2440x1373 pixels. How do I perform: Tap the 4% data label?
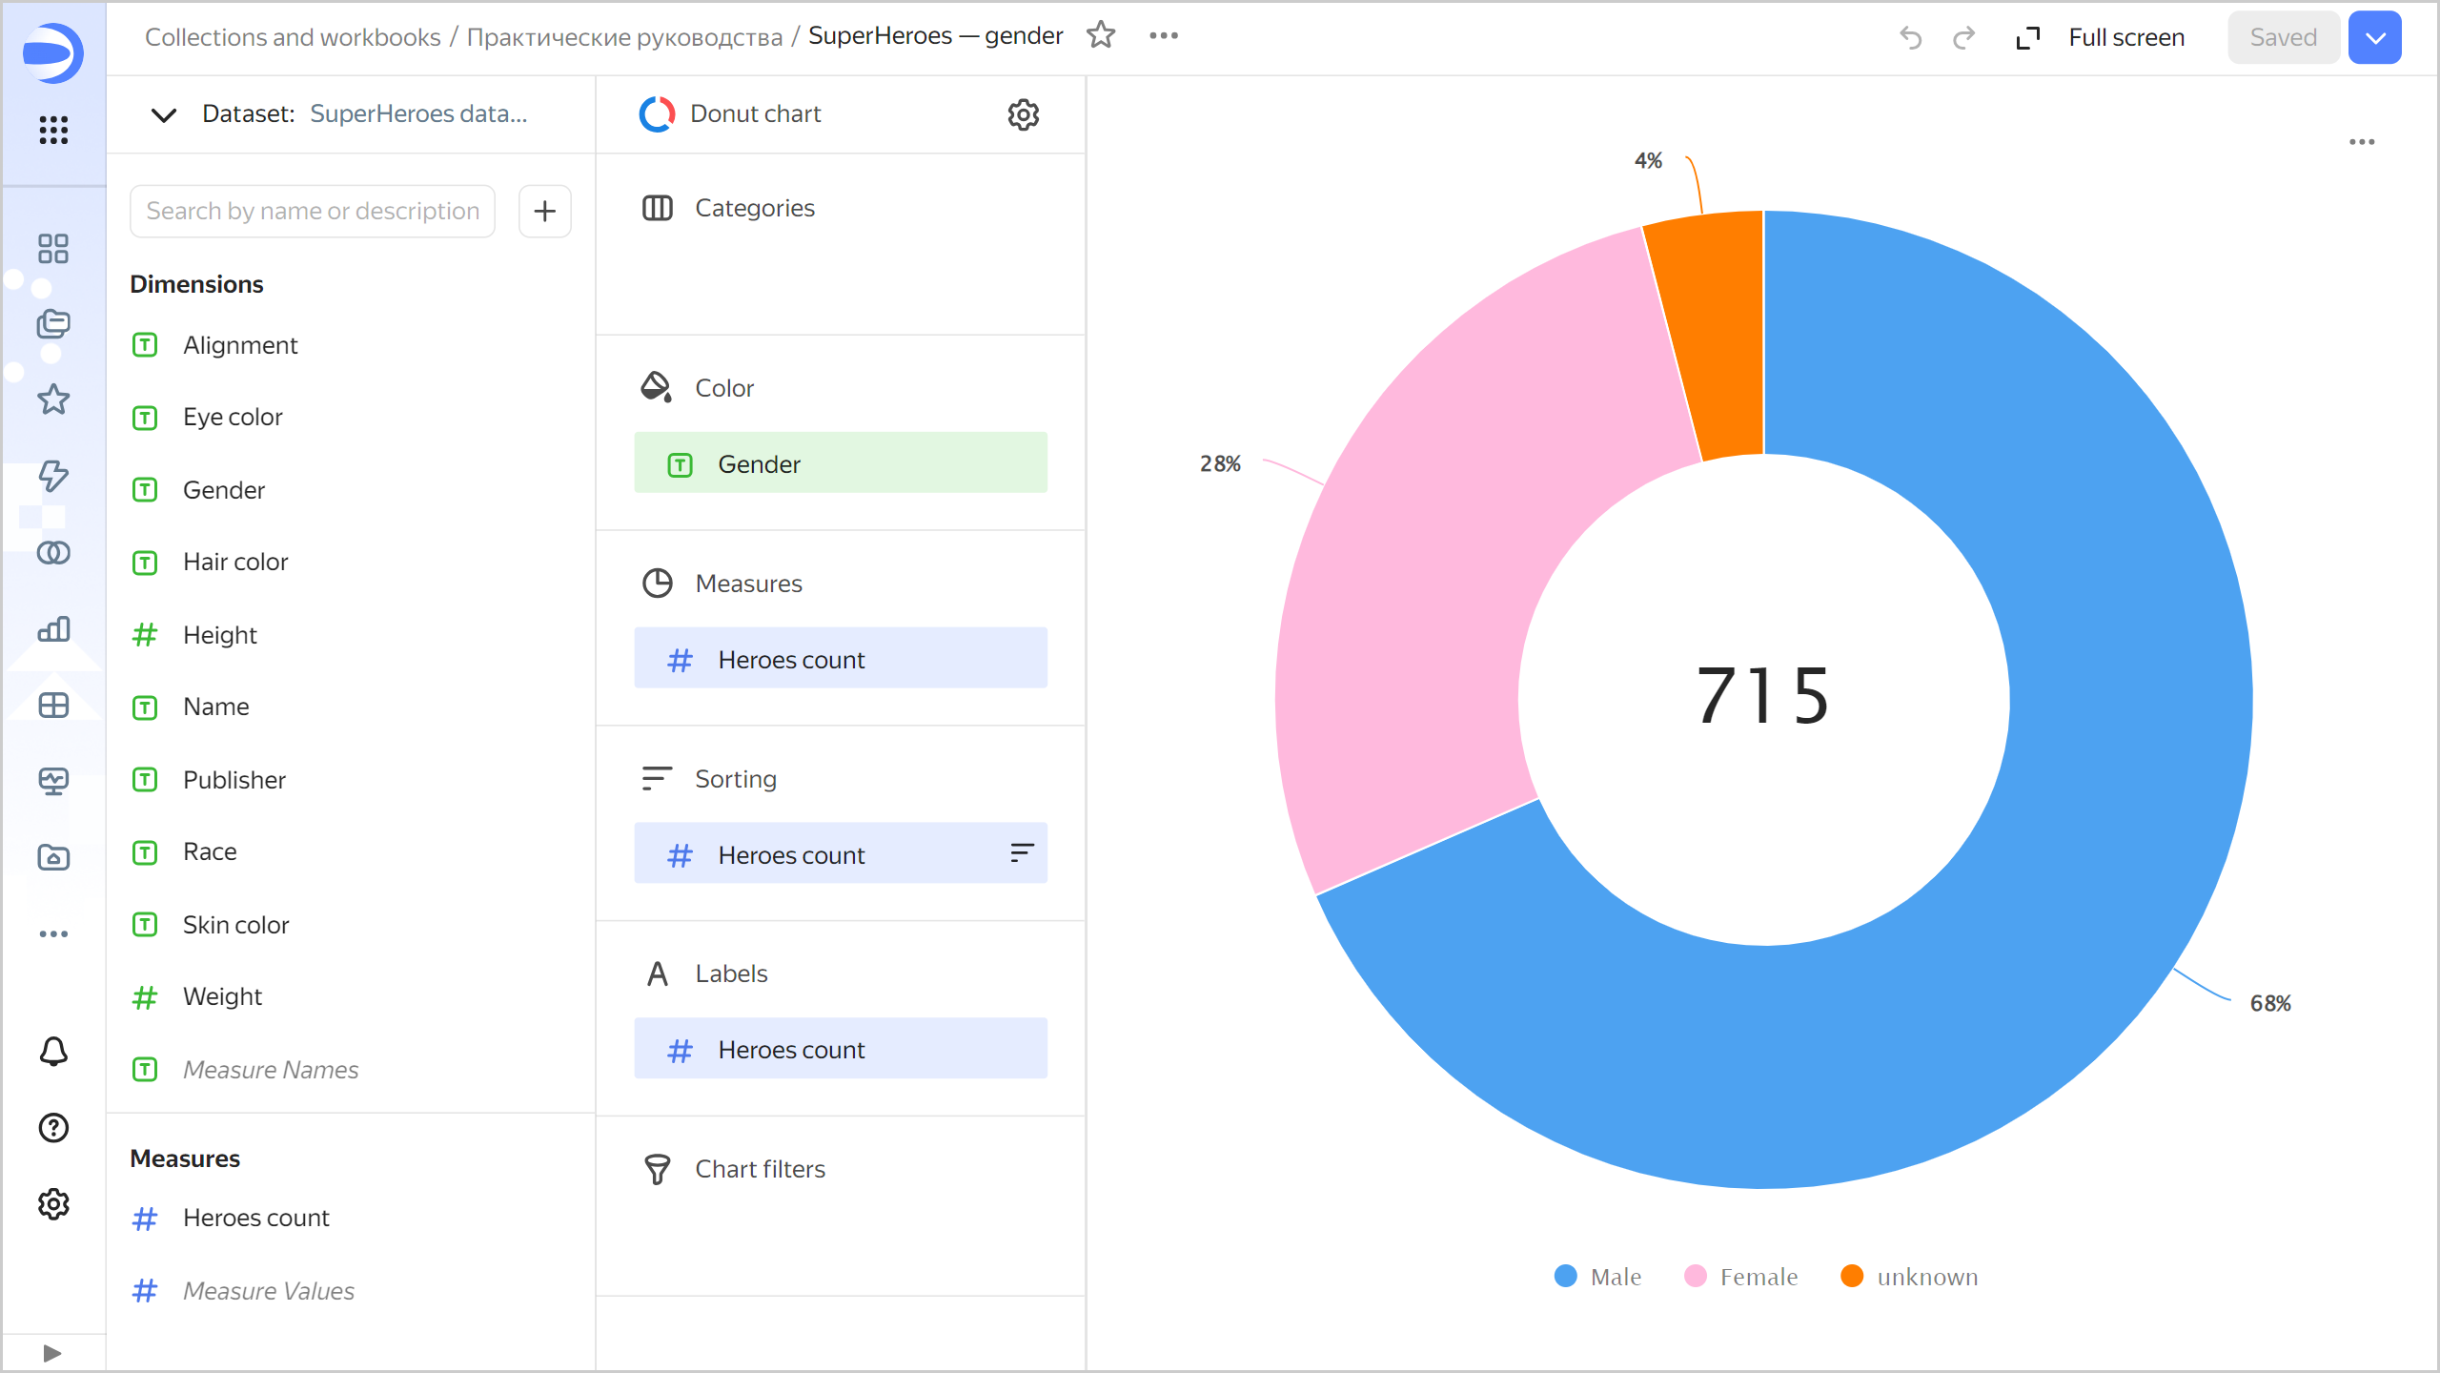1648,160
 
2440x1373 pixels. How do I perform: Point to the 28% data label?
1220,464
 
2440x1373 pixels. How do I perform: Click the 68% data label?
2270,1003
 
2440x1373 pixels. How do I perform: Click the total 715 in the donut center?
1763,696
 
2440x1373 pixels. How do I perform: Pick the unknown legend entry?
1910,1277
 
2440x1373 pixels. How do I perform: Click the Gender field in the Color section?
840,463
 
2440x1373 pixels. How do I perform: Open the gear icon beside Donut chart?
1023,114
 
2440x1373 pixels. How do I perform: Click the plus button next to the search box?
544,211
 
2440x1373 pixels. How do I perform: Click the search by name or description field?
313,211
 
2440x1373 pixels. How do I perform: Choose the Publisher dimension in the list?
234,780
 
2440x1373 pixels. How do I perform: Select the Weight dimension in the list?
222,996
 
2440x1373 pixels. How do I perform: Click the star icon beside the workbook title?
1101,35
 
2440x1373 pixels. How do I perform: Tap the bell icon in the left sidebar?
53,1052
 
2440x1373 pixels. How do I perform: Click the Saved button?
2283,37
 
